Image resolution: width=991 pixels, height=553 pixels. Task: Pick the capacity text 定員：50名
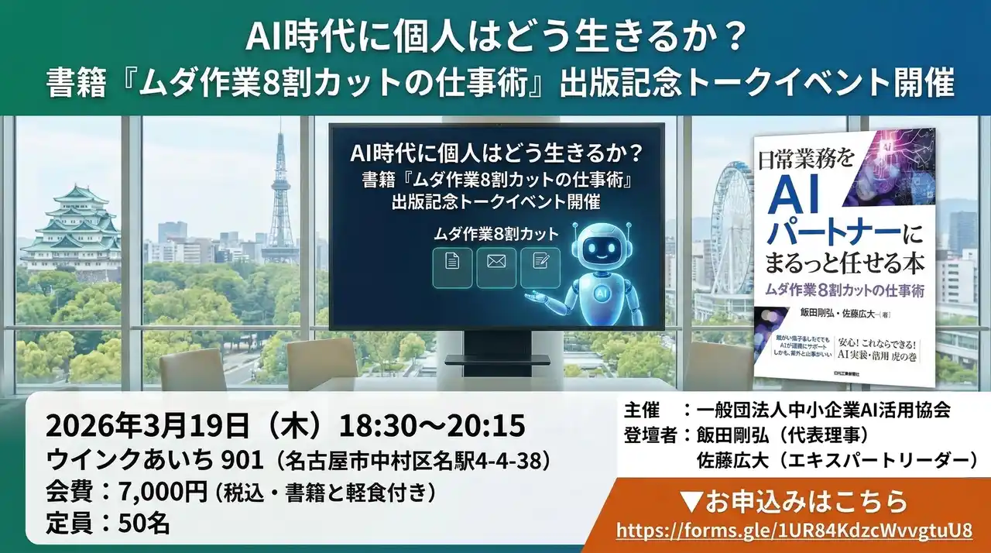108,524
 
